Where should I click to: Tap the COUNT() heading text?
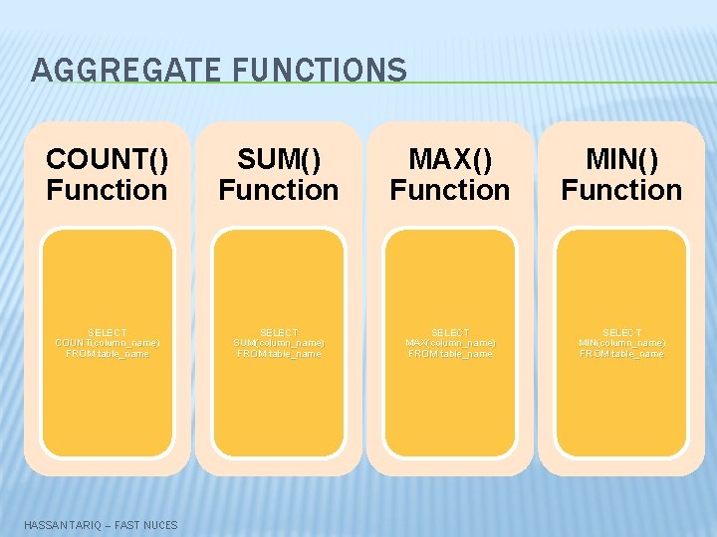coord(108,159)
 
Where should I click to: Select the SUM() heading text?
coord(279,159)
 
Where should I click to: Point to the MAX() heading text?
coord(450,159)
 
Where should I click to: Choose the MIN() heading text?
coord(621,159)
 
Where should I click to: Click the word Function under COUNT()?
coord(108,190)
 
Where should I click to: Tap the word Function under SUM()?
coord(279,190)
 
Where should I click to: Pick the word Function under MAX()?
coord(450,190)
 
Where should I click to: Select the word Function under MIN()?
coord(621,190)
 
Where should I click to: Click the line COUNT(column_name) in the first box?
coord(108,343)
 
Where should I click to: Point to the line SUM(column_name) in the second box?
coord(279,343)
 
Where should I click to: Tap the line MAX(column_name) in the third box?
coord(450,343)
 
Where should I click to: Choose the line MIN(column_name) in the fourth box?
coord(621,343)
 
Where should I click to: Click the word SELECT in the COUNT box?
coord(108,332)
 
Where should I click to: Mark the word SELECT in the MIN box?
coord(621,332)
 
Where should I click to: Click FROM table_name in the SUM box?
coord(279,354)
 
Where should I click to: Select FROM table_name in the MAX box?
coord(450,354)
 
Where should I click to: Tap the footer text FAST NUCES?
coord(146,524)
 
